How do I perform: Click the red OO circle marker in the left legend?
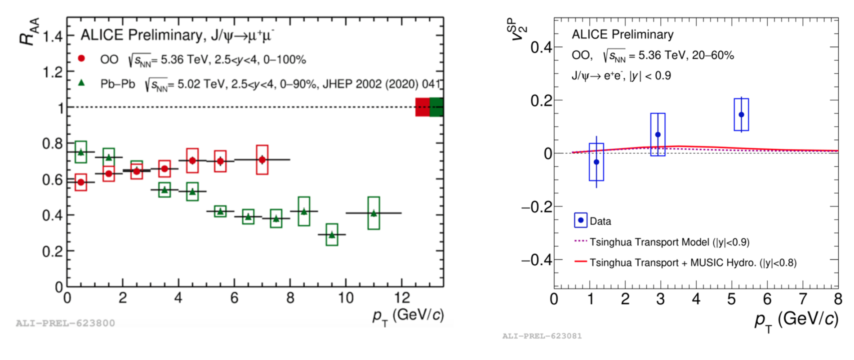pyautogui.click(x=81, y=58)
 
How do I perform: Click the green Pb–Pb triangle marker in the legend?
pyautogui.click(x=81, y=83)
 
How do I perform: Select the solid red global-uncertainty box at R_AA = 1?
pyautogui.click(x=422, y=107)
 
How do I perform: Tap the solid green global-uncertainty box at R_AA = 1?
pyautogui.click(x=436, y=107)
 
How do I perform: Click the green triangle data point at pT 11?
pyautogui.click(x=374, y=213)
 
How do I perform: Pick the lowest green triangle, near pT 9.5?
pyautogui.click(x=332, y=235)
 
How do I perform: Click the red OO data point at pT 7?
pyautogui.click(x=262, y=160)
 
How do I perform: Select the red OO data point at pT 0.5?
pyautogui.click(x=81, y=182)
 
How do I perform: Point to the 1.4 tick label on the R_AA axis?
pyautogui.click(x=53, y=36)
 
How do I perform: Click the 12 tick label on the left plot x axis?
pyautogui.click(x=401, y=298)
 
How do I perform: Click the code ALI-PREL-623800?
pyautogui.click(x=65, y=323)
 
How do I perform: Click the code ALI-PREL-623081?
pyautogui.click(x=542, y=336)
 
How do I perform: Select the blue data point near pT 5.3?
pyautogui.click(x=741, y=115)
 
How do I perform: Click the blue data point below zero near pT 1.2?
pyautogui.click(x=596, y=162)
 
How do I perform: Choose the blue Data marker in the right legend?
pyautogui.click(x=581, y=220)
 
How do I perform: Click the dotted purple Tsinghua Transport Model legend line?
pyautogui.click(x=581, y=241)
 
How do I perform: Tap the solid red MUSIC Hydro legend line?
pyautogui.click(x=581, y=262)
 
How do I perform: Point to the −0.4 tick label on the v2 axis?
pyautogui.click(x=536, y=260)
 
